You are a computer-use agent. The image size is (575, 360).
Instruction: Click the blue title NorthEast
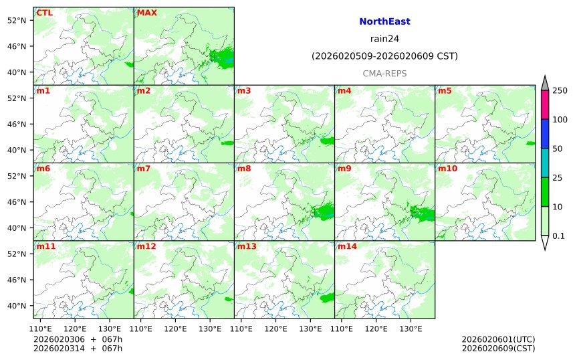pos(384,21)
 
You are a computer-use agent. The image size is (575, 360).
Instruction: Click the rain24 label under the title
pos(384,38)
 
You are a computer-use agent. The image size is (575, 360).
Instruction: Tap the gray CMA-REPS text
pos(384,73)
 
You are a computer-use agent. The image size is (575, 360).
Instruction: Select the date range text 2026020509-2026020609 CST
pos(384,56)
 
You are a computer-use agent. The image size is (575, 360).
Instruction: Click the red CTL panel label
pos(44,13)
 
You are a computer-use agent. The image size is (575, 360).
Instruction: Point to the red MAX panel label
pos(146,13)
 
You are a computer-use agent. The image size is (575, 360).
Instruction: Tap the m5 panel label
pos(445,90)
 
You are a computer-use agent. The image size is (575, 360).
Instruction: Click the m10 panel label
pos(447,169)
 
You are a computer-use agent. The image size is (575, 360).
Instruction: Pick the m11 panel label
pos(46,246)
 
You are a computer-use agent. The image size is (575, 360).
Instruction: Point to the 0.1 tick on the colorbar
pos(558,236)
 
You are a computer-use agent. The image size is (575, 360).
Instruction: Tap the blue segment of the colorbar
pos(545,133)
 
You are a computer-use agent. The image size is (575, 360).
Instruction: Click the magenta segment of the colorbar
pos(545,104)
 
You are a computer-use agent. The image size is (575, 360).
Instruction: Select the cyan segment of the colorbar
pos(545,163)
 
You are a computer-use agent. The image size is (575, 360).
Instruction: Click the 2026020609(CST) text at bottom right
pos(498,348)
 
